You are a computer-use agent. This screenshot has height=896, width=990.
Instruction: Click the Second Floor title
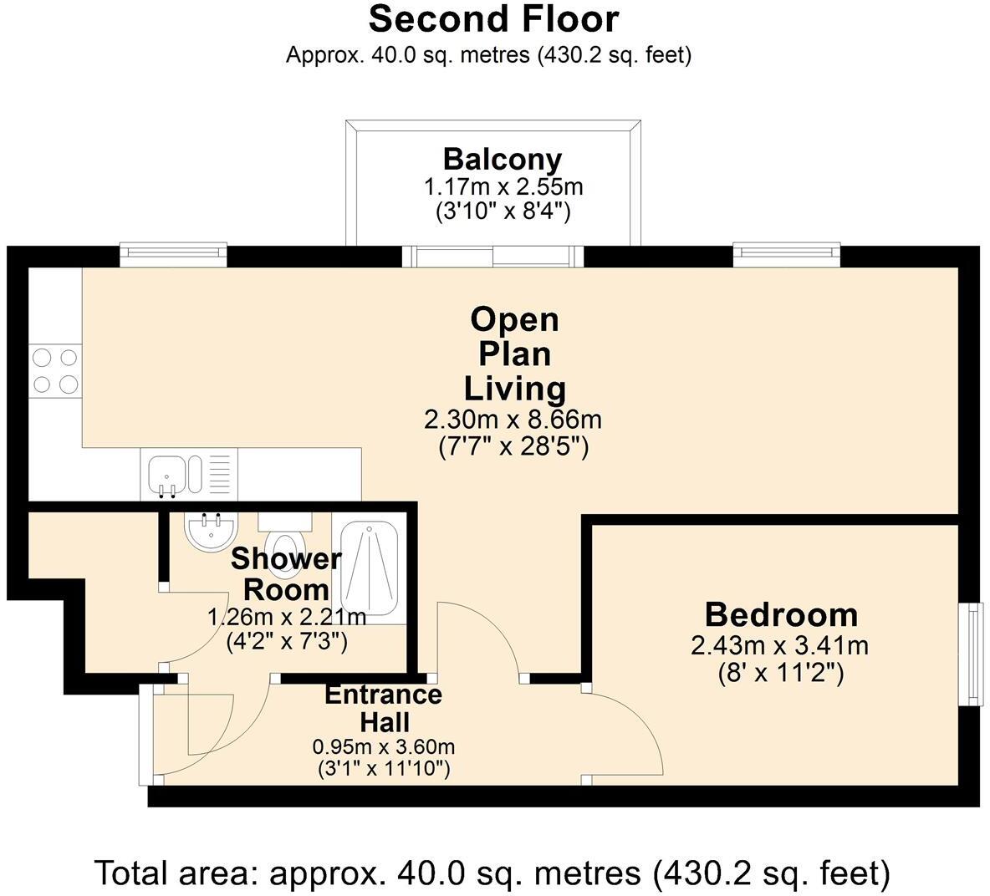[493, 19]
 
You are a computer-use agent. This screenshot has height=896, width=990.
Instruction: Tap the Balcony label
[502, 159]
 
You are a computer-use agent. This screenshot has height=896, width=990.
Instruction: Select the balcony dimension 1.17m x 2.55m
[503, 186]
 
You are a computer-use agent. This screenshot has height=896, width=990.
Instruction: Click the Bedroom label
[781, 614]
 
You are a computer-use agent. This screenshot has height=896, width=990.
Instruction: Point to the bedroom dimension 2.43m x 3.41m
[780, 645]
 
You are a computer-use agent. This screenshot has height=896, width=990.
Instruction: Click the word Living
[514, 389]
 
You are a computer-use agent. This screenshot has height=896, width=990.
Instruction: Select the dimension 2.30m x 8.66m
[513, 419]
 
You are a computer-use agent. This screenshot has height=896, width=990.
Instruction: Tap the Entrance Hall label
[383, 708]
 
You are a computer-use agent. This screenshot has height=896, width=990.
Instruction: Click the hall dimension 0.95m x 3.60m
[384, 747]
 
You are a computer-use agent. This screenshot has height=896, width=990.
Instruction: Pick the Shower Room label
[286, 574]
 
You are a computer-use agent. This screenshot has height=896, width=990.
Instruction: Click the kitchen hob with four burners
[55, 370]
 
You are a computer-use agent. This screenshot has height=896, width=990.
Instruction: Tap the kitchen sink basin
[167, 475]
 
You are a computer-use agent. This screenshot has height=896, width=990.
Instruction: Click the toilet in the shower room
[285, 542]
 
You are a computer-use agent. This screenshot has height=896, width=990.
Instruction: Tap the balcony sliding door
[492, 257]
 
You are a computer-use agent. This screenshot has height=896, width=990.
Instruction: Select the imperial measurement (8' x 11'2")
[781, 674]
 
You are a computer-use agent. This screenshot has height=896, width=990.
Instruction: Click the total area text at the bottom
[492, 873]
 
